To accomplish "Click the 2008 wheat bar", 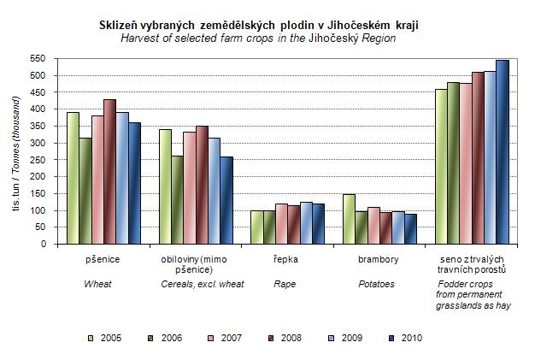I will [x=109, y=172].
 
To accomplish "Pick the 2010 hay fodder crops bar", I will [x=502, y=152].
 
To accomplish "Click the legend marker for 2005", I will [x=91, y=338].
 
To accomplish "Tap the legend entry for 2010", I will [x=404, y=338].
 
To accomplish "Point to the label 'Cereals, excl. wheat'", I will [x=203, y=284].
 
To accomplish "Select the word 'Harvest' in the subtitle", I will [x=141, y=38].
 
